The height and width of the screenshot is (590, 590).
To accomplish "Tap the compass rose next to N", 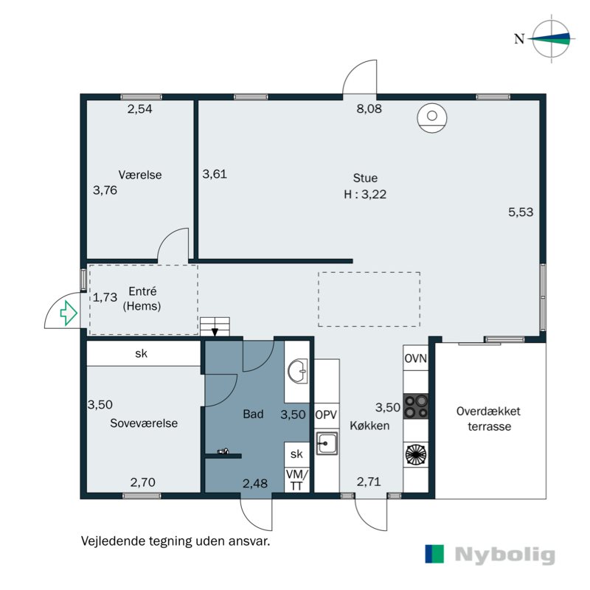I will coord(552,39).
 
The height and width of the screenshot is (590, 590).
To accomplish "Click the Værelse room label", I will coord(140,176).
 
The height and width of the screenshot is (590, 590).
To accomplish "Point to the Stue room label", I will coord(365,178).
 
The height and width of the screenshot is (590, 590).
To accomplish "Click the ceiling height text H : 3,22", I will coord(365,195).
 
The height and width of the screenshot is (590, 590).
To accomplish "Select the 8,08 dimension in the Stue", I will coord(370,109).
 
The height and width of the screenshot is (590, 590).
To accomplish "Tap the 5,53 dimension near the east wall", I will coord(521,212).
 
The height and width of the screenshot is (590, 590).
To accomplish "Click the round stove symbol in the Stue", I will coord(431,118).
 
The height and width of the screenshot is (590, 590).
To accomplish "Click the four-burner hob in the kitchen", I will coord(415,405).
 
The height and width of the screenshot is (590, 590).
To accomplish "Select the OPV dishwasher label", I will coord(326,414).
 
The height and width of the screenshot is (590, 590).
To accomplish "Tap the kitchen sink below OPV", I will coord(327,444).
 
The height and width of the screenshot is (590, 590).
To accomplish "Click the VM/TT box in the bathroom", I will coord(297,479).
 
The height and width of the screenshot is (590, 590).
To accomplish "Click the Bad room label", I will coord(253,414).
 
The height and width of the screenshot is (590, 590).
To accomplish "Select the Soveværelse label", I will coord(144,423).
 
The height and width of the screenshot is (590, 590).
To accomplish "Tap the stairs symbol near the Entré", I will coord(215,326).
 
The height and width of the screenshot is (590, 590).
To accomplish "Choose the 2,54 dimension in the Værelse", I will coord(140,109).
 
